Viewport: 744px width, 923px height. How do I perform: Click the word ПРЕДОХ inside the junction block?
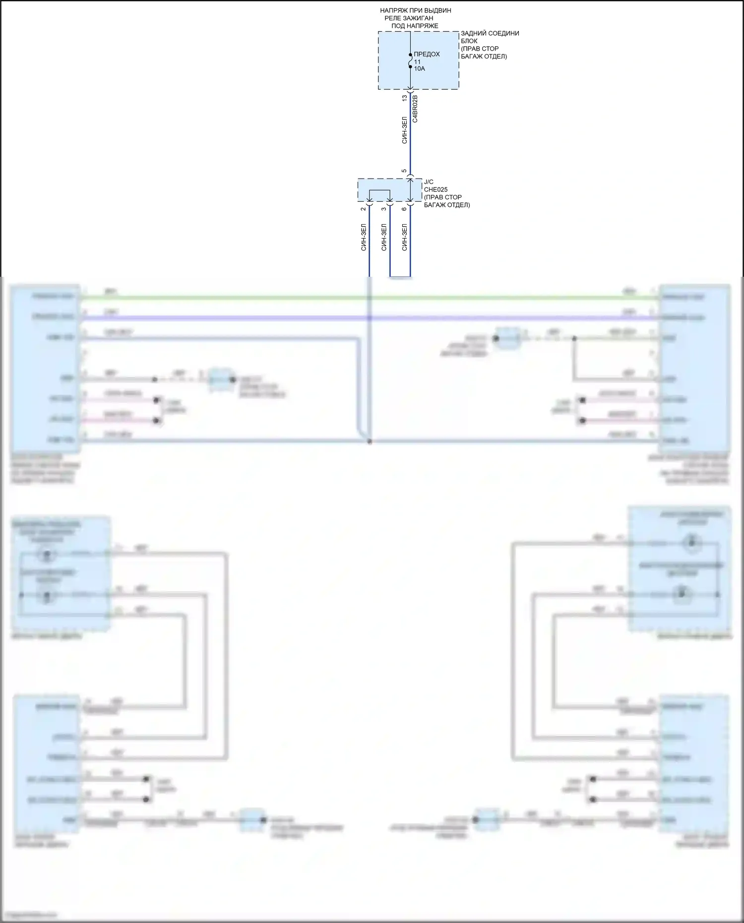427,54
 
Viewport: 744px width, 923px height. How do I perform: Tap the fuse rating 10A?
420,68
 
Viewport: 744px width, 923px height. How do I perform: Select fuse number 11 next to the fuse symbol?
417,62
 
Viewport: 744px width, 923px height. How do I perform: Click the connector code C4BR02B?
415,109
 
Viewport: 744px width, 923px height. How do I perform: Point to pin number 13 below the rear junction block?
405,98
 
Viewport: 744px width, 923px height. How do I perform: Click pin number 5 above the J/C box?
404,171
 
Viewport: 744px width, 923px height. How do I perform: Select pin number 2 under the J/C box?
364,209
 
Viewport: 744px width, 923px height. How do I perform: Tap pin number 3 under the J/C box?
384,209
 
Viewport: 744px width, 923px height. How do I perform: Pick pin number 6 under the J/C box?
404,209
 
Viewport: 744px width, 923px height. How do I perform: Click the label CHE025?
435,189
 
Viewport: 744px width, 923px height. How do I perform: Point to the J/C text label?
429,182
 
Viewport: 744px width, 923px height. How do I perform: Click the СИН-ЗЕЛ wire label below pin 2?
364,237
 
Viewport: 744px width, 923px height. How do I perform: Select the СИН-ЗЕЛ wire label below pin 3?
384,237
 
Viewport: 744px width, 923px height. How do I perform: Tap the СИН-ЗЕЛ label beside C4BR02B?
405,130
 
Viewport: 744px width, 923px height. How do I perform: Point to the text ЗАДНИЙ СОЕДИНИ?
490,33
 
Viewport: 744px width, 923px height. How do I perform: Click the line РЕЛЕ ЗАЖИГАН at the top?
409,18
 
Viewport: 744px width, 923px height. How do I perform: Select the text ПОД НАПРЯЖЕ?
415,26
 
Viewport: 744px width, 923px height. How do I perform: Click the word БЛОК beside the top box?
469,41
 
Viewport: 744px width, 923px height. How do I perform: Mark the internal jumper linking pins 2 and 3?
379,191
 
